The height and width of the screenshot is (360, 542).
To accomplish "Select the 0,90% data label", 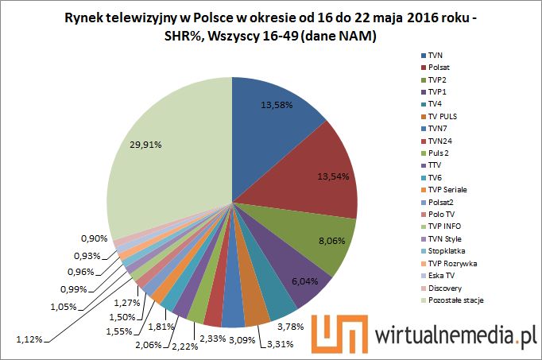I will click(95, 238).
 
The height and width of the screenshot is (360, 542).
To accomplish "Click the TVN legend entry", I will click(436, 56).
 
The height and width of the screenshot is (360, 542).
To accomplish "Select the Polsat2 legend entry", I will click(439, 202).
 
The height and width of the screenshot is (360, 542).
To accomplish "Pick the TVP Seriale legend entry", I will click(446, 190).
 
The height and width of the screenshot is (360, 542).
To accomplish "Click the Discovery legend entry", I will click(444, 287).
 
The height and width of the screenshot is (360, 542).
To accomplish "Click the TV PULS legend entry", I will click(442, 117).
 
